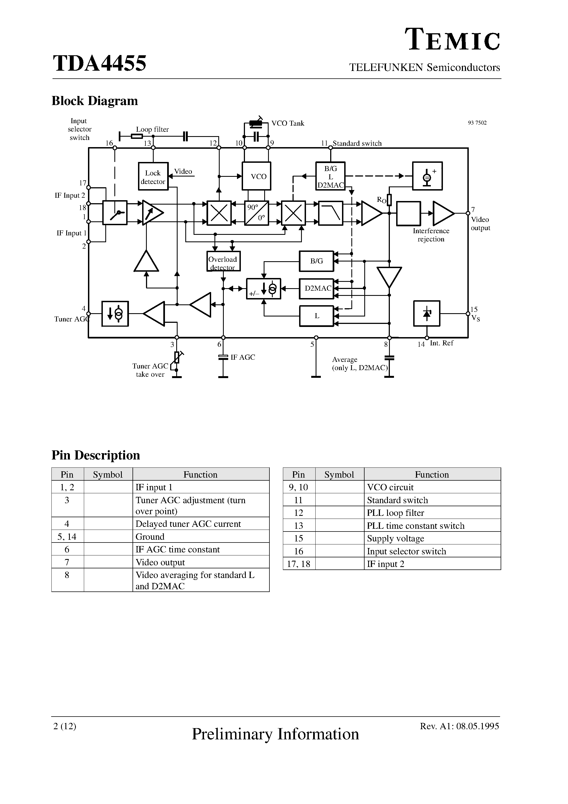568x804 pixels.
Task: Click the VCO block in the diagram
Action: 256,176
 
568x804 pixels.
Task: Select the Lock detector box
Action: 153,176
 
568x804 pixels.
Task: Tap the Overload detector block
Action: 224,261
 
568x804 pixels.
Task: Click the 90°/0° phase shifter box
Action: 256,213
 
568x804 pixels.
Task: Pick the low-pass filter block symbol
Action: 330,213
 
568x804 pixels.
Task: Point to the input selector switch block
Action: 115,213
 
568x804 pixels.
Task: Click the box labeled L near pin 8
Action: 316,316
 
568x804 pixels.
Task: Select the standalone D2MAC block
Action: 316,288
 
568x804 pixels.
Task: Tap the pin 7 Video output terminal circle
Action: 468,213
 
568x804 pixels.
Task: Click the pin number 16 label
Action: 109,143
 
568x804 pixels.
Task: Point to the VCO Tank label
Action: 288,123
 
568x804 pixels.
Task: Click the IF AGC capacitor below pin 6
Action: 223,357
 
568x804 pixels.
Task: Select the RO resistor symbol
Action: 389,200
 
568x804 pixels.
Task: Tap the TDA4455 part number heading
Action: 100,64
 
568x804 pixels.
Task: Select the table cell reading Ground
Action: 150,536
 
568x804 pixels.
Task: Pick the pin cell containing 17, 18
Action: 299,564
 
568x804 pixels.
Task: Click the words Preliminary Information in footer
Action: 275,734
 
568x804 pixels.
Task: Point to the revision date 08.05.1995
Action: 478,726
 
